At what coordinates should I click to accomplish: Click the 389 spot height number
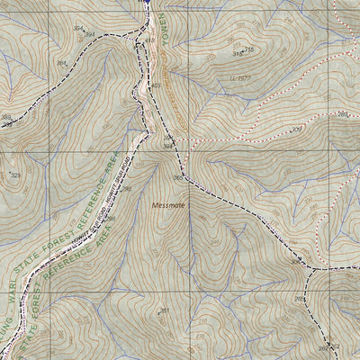pos(7,118)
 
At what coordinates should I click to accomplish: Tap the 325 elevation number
pos(15,175)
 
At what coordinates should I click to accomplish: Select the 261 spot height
pos(164,311)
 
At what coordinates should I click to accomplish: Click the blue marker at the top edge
pos(143,4)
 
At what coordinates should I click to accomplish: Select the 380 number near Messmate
pos(177,178)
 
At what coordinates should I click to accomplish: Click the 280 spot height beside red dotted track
pos(343,114)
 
